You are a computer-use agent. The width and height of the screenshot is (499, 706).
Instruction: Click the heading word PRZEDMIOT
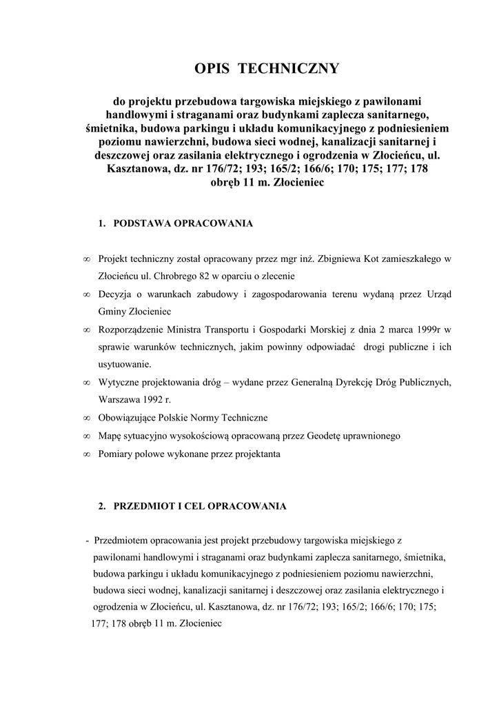146,507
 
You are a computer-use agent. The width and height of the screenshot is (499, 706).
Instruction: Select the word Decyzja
116,294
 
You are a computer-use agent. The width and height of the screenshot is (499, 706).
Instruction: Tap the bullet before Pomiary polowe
86,454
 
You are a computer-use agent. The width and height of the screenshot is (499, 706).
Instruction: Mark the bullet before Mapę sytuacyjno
86,436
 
